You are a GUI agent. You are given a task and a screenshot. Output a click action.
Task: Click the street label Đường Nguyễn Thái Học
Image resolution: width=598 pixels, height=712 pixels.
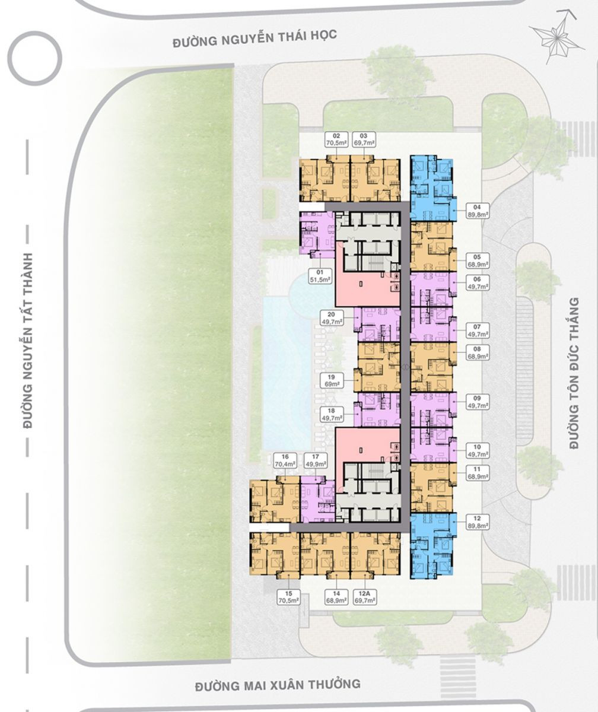click(x=255, y=38)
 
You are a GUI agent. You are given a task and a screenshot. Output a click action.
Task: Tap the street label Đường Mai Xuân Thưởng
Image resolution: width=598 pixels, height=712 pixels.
click(x=278, y=654)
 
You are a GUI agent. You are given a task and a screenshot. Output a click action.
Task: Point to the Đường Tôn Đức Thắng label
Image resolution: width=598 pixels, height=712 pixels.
click(x=574, y=373)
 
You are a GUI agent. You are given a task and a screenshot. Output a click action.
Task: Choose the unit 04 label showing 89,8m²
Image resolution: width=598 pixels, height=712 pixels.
click(x=478, y=211)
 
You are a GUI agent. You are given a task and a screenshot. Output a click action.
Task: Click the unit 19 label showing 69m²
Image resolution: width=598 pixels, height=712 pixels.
click(x=330, y=380)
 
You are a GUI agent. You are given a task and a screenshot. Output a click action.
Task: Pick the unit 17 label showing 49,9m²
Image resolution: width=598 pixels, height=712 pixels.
click(x=315, y=460)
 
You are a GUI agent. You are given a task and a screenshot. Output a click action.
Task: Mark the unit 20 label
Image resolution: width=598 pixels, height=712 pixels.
click(x=330, y=318)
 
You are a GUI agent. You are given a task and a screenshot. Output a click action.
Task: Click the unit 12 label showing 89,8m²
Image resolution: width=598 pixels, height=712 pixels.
click(x=478, y=522)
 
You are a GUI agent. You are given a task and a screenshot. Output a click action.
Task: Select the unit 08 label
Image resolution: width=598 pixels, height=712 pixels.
click(x=478, y=352)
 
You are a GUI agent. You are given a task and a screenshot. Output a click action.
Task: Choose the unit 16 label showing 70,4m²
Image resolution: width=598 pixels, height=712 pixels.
click(x=285, y=460)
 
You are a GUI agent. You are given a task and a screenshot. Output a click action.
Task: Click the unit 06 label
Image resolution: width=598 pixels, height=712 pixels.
click(x=478, y=282)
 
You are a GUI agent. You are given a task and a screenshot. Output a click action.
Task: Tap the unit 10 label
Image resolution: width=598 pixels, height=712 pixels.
click(x=478, y=450)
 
